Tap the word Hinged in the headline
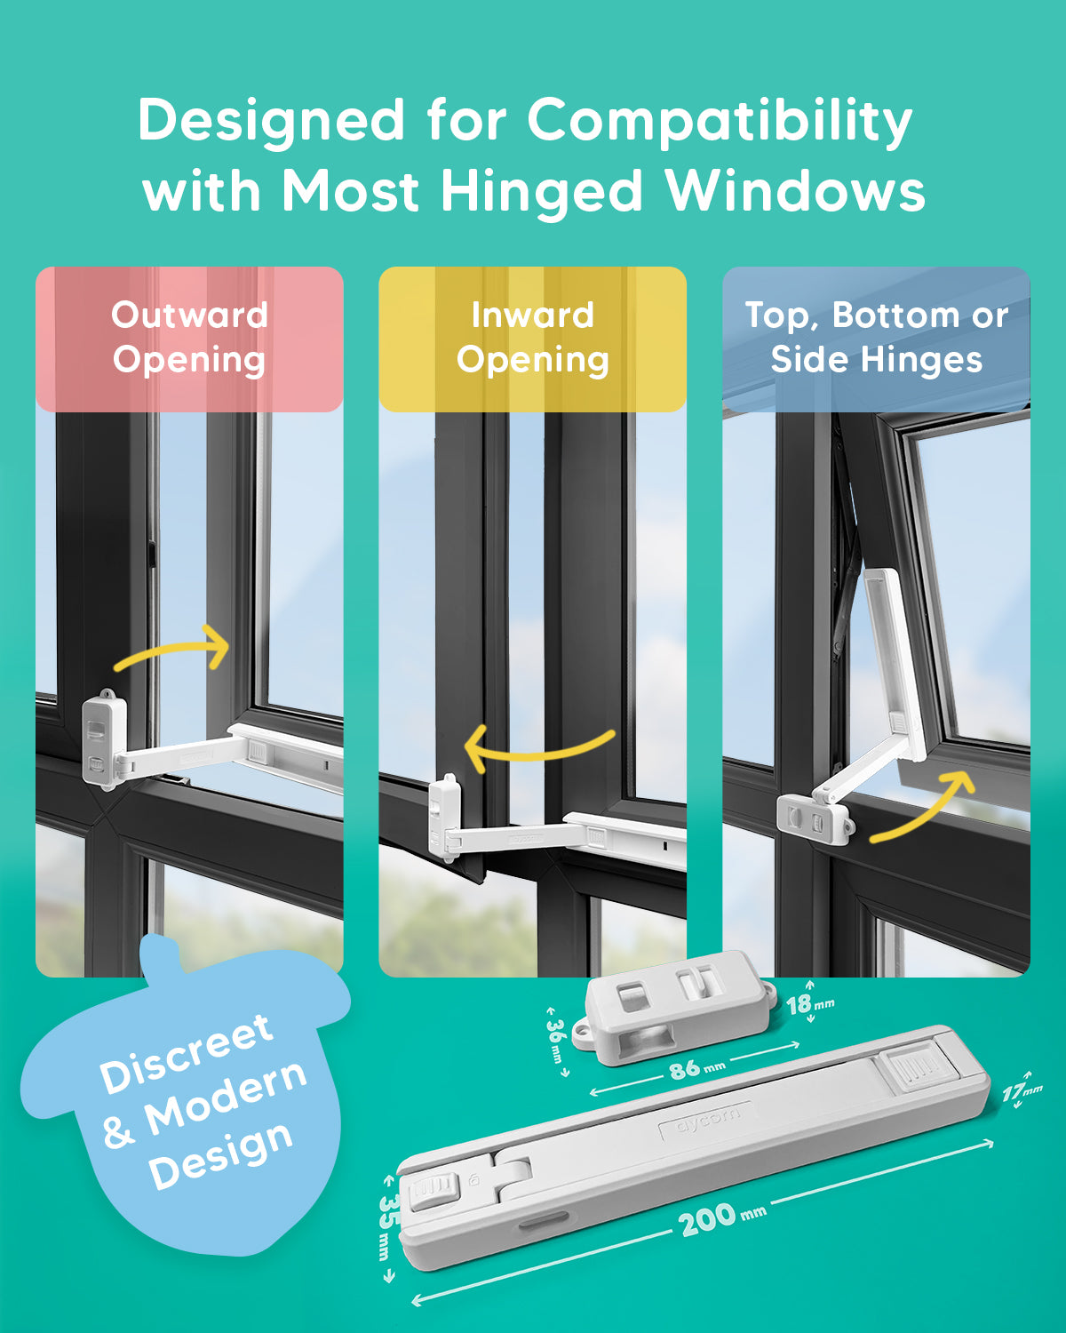click(x=541, y=193)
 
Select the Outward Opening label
click(x=189, y=338)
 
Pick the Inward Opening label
click(x=533, y=338)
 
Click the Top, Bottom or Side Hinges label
click(x=877, y=338)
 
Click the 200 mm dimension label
click(x=722, y=1219)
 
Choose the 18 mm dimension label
click(x=809, y=1004)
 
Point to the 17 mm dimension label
click(x=1022, y=1092)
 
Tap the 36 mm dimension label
click(x=557, y=1042)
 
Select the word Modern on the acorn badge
click(x=226, y=1098)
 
